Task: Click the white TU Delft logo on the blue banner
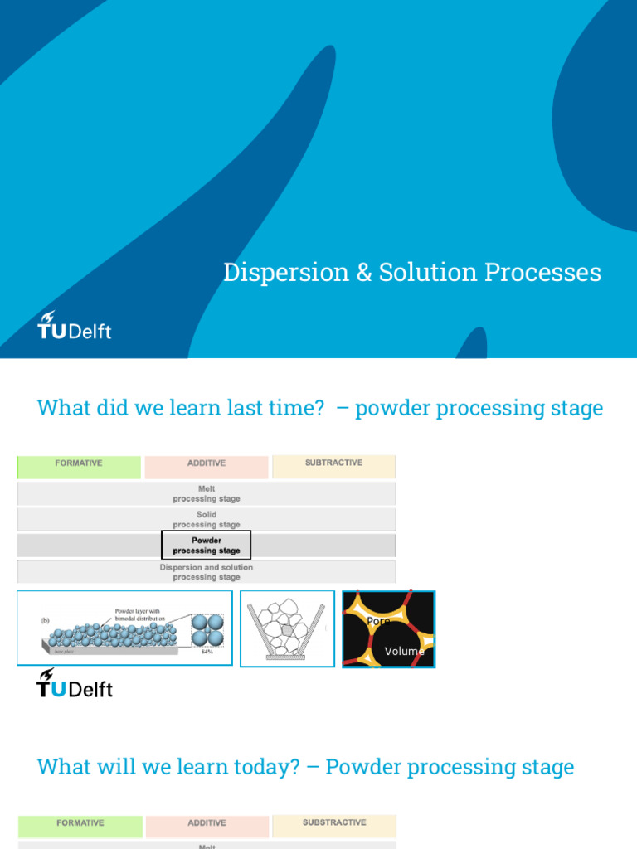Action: [x=74, y=326]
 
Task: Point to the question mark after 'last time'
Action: [x=318, y=408]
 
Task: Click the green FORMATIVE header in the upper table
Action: [x=79, y=463]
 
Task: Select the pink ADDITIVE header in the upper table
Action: [x=207, y=463]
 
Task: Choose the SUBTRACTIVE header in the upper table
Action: [x=333, y=463]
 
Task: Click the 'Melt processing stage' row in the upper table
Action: [x=207, y=494]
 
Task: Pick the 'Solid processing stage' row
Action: [x=207, y=520]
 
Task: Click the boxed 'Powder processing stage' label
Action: [x=207, y=546]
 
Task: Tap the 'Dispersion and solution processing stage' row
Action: [x=207, y=572]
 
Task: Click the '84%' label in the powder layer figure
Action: [x=207, y=652]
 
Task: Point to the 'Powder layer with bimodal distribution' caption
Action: [x=140, y=614]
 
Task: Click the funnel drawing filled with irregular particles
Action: [x=287, y=628]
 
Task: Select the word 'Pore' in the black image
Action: [x=378, y=621]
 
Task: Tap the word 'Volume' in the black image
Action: [x=404, y=652]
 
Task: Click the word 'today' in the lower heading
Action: [x=270, y=767]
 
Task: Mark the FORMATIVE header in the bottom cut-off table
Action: [x=80, y=823]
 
